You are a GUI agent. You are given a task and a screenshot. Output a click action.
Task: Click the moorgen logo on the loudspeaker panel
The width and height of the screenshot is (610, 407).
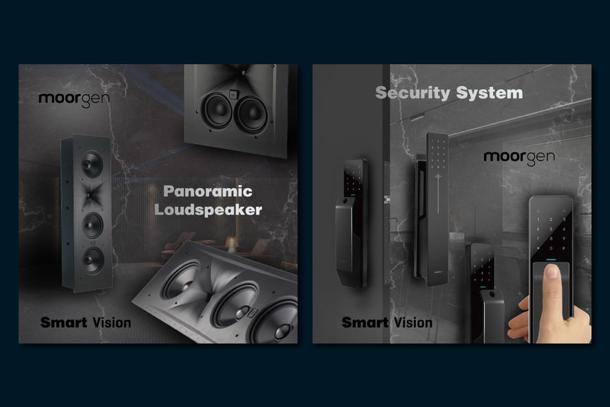coord(74,99)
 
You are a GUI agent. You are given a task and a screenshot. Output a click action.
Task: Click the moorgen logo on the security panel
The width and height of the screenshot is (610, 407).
coord(519,157)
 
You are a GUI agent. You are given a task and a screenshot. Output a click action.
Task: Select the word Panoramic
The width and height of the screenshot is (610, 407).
coord(208,191)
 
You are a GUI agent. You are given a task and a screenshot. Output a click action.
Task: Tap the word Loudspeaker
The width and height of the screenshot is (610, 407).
coord(208,209)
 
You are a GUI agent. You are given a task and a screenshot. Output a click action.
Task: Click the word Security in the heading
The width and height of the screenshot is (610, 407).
coord(412,93)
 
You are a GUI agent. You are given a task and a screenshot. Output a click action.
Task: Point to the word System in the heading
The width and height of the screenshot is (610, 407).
coord(489,93)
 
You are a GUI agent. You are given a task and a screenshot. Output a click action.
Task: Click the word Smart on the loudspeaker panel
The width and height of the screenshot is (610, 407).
coord(63,322)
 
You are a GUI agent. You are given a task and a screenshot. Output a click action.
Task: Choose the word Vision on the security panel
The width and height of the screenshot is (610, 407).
coord(413,322)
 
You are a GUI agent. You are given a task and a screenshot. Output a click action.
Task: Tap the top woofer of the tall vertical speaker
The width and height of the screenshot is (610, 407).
coord(92,164)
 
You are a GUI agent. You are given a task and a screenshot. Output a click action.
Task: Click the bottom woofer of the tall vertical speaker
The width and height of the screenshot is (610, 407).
coord(93,260)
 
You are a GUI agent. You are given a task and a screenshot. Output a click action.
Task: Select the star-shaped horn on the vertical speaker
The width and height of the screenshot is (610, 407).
coord(92,194)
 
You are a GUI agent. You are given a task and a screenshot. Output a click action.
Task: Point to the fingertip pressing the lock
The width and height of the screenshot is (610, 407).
coord(551,272)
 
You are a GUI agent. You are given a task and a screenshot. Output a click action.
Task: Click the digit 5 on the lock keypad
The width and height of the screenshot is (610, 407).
coord(550,229)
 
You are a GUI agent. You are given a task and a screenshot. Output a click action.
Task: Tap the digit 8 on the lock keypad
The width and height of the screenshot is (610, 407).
coord(550,238)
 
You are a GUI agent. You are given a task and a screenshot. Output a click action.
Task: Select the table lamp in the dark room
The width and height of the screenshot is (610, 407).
coord(232,244)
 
